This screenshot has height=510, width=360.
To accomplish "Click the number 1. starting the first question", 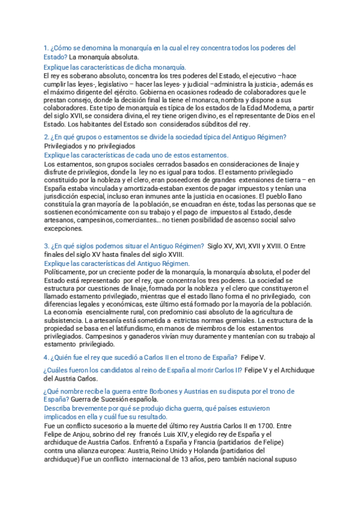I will point(46,48).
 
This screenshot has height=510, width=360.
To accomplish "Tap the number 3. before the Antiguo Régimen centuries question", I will point(46,245).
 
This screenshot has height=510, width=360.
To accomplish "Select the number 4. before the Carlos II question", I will point(46,357).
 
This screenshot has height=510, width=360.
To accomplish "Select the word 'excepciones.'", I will point(64,229).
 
